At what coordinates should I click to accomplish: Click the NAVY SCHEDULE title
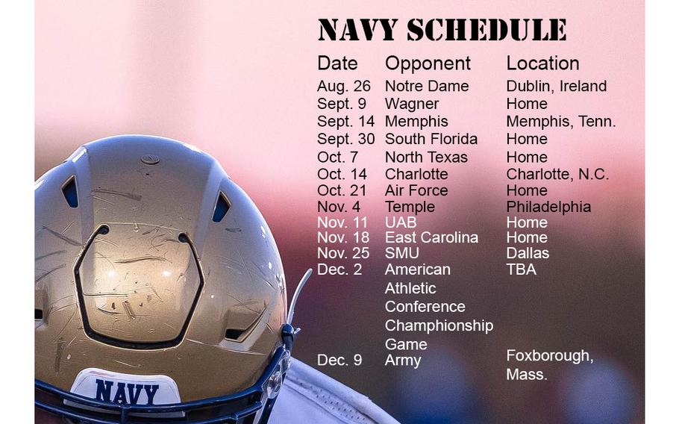(442, 30)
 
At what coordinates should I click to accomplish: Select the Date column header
(337, 63)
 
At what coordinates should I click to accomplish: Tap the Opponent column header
(428, 64)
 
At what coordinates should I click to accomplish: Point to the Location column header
(542, 63)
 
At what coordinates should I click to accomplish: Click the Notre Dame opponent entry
(427, 86)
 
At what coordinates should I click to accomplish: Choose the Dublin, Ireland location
(556, 86)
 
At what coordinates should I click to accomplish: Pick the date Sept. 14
(345, 122)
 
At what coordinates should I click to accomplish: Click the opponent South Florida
(431, 139)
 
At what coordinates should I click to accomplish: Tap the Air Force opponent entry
(416, 190)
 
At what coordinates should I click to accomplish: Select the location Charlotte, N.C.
(557, 174)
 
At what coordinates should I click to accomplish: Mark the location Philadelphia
(548, 207)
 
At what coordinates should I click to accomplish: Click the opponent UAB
(401, 222)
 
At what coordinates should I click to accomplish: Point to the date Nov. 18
(343, 238)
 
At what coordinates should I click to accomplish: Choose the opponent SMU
(402, 253)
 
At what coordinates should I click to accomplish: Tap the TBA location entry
(521, 269)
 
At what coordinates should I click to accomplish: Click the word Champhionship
(439, 325)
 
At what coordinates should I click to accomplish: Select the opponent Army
(403, 361)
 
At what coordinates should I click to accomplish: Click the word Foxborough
(549, 356)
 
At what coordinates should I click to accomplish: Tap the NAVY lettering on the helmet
(126, 393)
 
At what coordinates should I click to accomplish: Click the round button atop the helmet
(150, 160)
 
